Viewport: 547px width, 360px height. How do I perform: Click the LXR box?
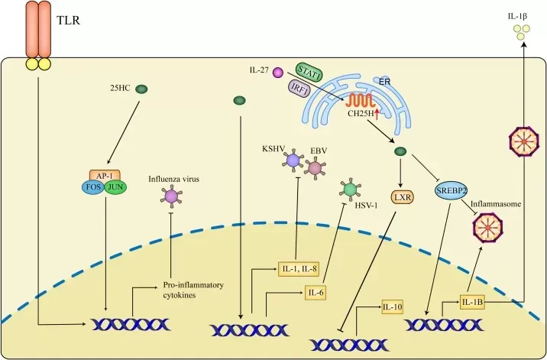403,197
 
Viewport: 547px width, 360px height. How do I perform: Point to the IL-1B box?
472,300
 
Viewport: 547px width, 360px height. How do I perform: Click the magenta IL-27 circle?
278,73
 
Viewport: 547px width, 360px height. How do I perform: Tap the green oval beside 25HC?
141,90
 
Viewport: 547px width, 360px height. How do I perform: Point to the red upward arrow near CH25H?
377,114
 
